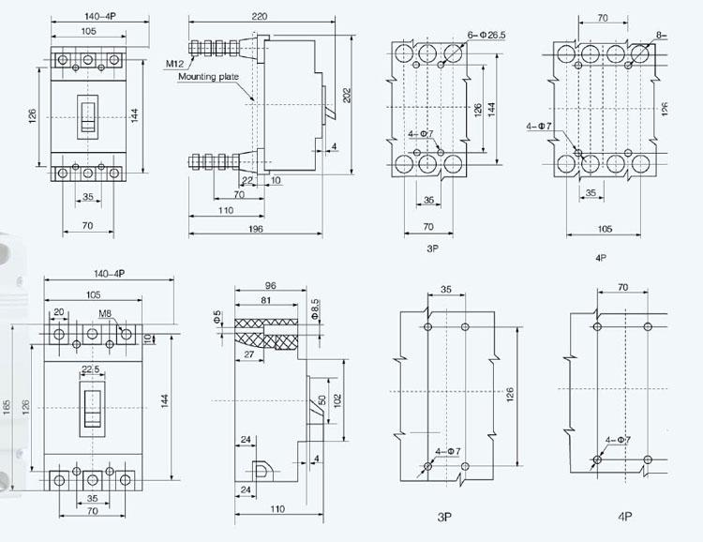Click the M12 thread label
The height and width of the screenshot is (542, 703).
coord(175,63)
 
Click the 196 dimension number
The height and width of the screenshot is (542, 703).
coord(256,229)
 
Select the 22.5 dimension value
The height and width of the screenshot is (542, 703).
coord(91,369)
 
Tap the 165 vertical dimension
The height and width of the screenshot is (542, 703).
coord(7,408)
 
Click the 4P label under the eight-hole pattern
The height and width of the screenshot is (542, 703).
coord(602,256)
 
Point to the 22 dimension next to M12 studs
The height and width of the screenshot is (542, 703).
coord(247,181)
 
